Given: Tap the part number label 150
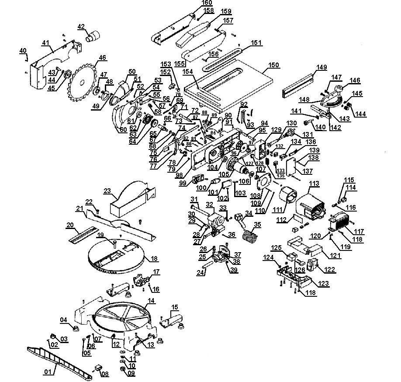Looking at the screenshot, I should [273, 65].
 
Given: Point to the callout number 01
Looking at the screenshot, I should [47, 372].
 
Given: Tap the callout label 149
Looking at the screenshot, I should [321, 67].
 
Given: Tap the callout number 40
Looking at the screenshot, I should [23, 51].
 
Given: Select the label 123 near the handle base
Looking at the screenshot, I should [324, 284].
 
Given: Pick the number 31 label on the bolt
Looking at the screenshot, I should [194, 199].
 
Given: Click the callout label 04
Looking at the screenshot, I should [64, 320].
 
